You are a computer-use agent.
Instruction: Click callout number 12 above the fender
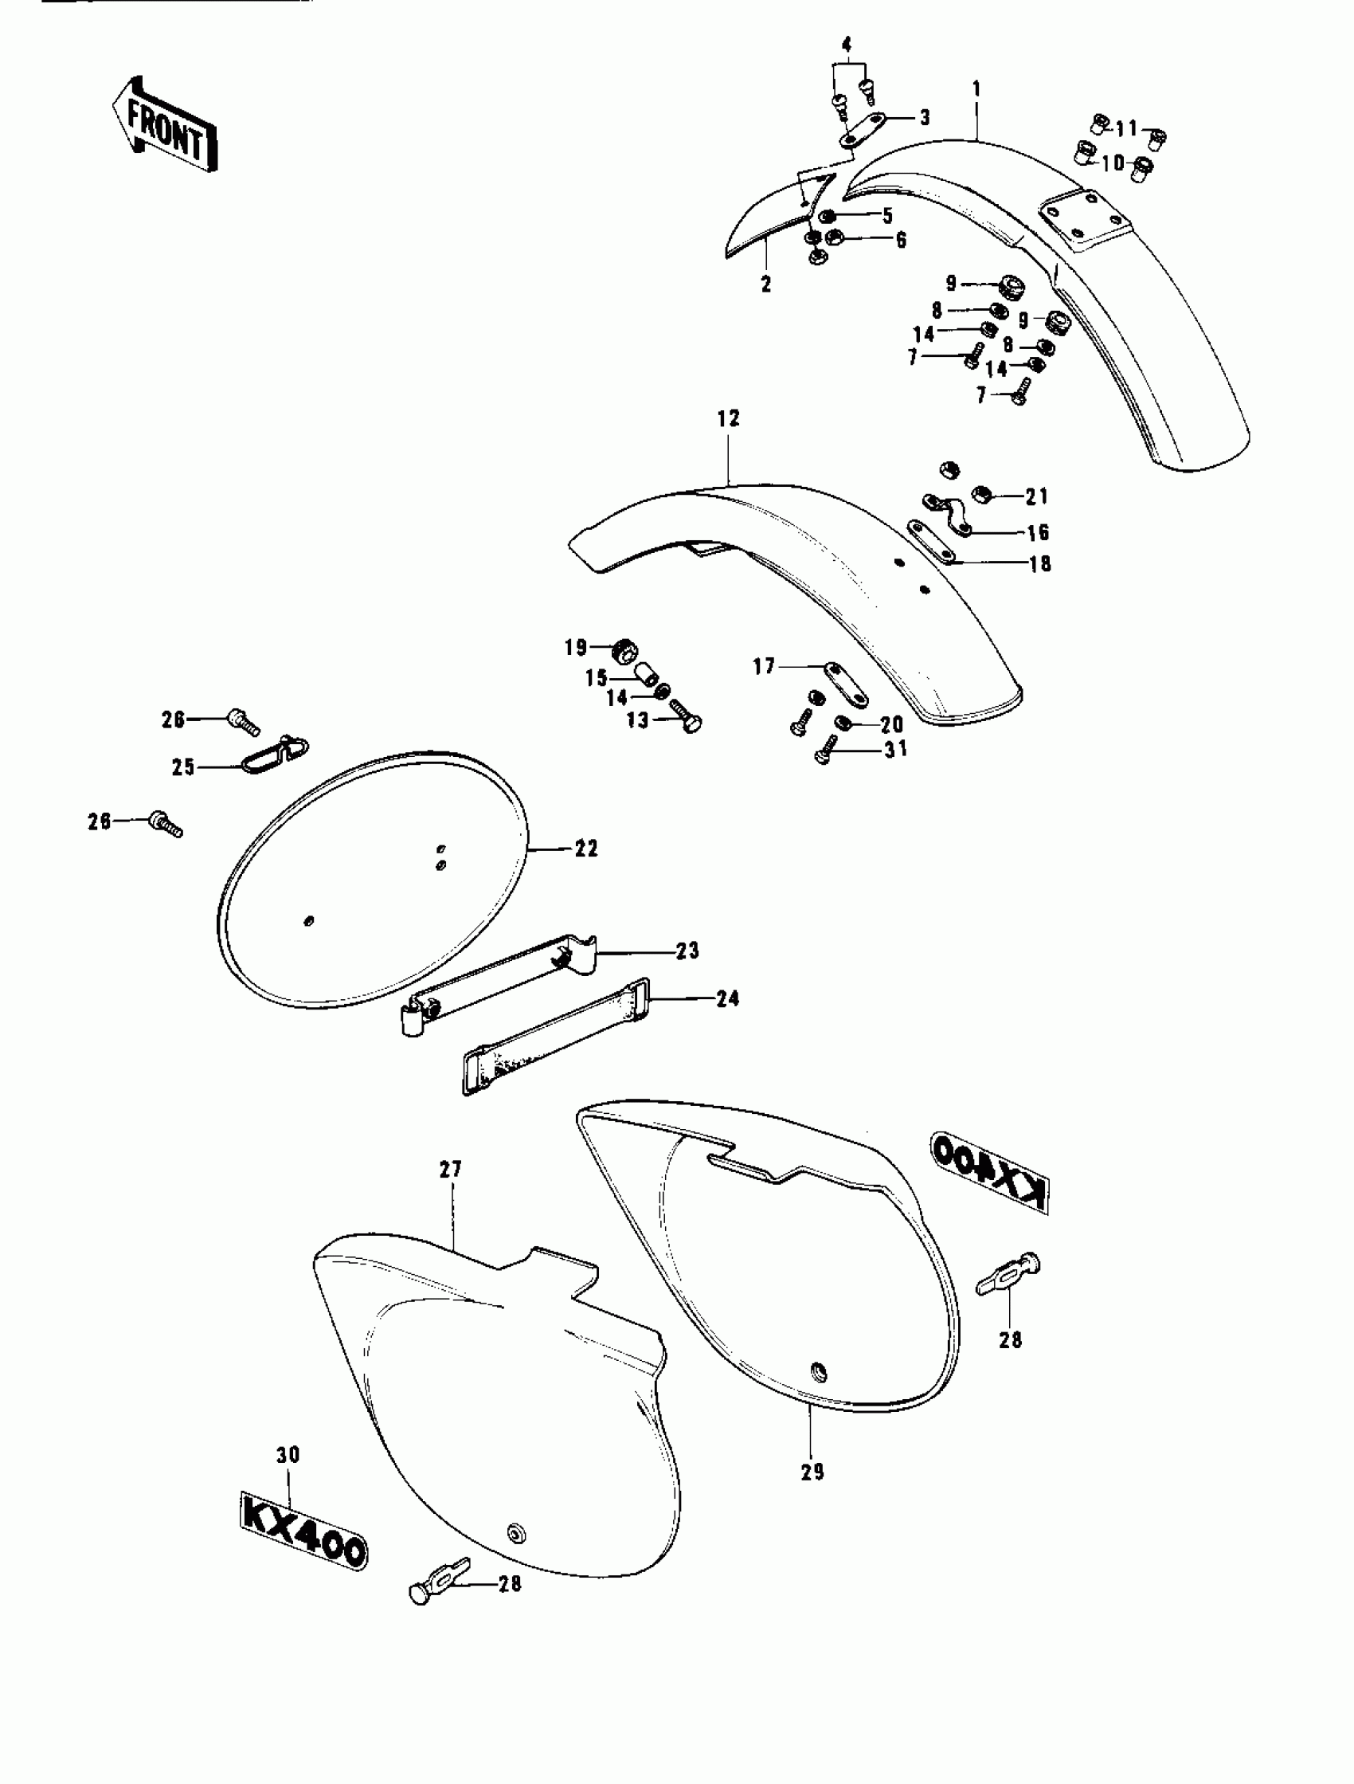point(727,418)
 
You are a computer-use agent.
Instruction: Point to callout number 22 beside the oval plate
point(586,849)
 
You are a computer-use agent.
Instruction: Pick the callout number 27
point(450,1169)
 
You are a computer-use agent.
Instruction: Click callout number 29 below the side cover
point(812,1472)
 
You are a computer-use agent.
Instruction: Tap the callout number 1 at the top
point(976,88)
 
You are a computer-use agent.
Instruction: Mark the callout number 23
point(687,951)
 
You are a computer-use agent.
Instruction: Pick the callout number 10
point(1113,163)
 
